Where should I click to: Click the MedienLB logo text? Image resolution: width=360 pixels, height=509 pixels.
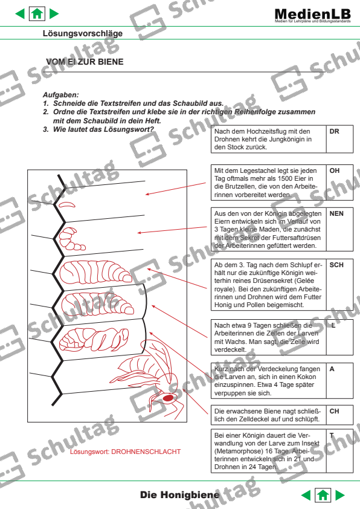tap(312, 14)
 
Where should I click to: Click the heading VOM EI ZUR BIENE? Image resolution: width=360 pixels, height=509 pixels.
tap(85, 62)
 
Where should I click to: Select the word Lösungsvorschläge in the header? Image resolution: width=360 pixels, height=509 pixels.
tap(82, 33)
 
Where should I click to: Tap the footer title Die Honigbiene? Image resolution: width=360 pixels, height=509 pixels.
tap(180, 495)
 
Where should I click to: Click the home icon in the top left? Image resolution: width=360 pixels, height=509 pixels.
tap(37, 13)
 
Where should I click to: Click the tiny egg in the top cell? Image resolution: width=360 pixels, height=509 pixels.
tap(66, 204)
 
